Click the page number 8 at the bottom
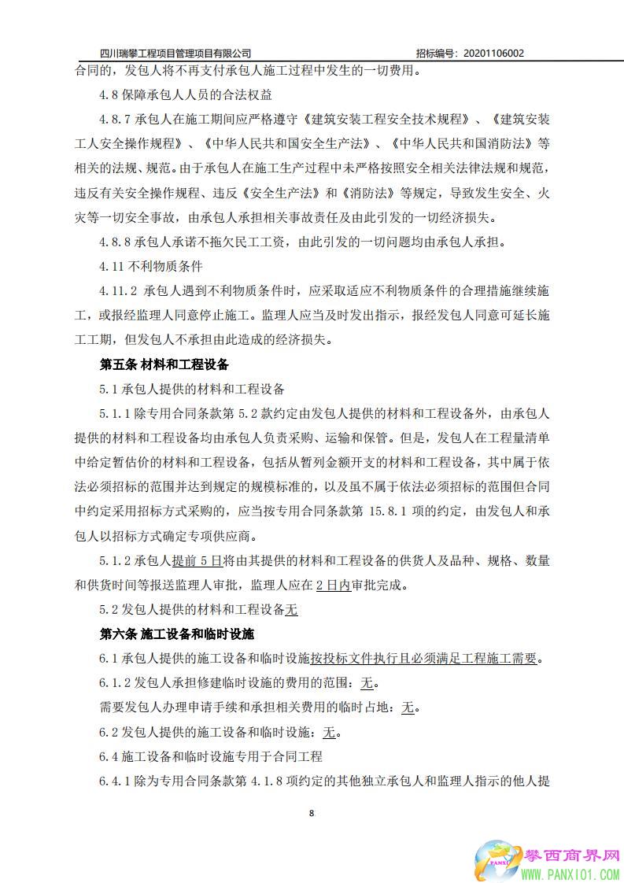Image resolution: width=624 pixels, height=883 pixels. [x=312, y=813]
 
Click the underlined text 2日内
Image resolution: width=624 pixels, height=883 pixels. [x=333, y=586]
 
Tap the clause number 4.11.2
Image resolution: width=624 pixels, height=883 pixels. [x=118, y=291]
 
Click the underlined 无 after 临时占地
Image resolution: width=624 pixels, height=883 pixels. [x=408, y=707]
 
